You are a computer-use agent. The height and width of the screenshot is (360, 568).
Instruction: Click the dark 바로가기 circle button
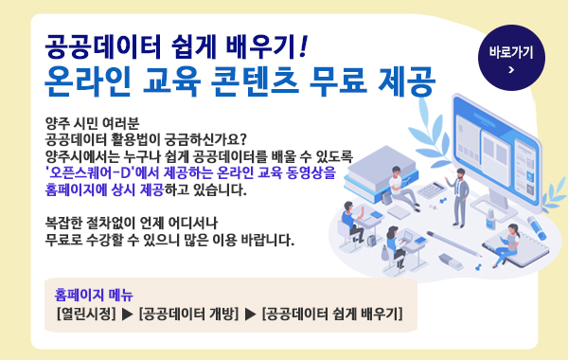coord(511,58)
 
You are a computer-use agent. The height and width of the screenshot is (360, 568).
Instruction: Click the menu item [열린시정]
coord(85,313)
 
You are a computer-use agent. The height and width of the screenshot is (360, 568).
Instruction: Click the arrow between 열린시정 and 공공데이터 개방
coord(127,313)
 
